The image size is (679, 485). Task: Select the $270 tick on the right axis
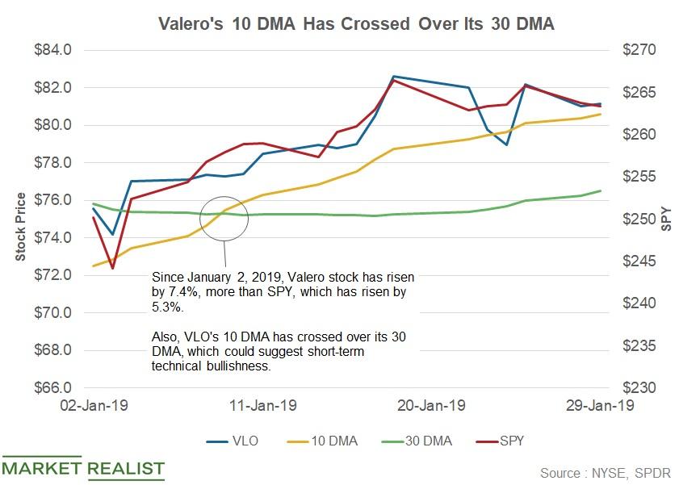[632, 50]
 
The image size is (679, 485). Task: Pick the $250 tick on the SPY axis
[632, 220]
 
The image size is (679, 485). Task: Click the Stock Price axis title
[20, 227]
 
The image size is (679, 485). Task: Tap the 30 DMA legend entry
[422, 441]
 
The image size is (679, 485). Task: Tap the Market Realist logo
[83, 468]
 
